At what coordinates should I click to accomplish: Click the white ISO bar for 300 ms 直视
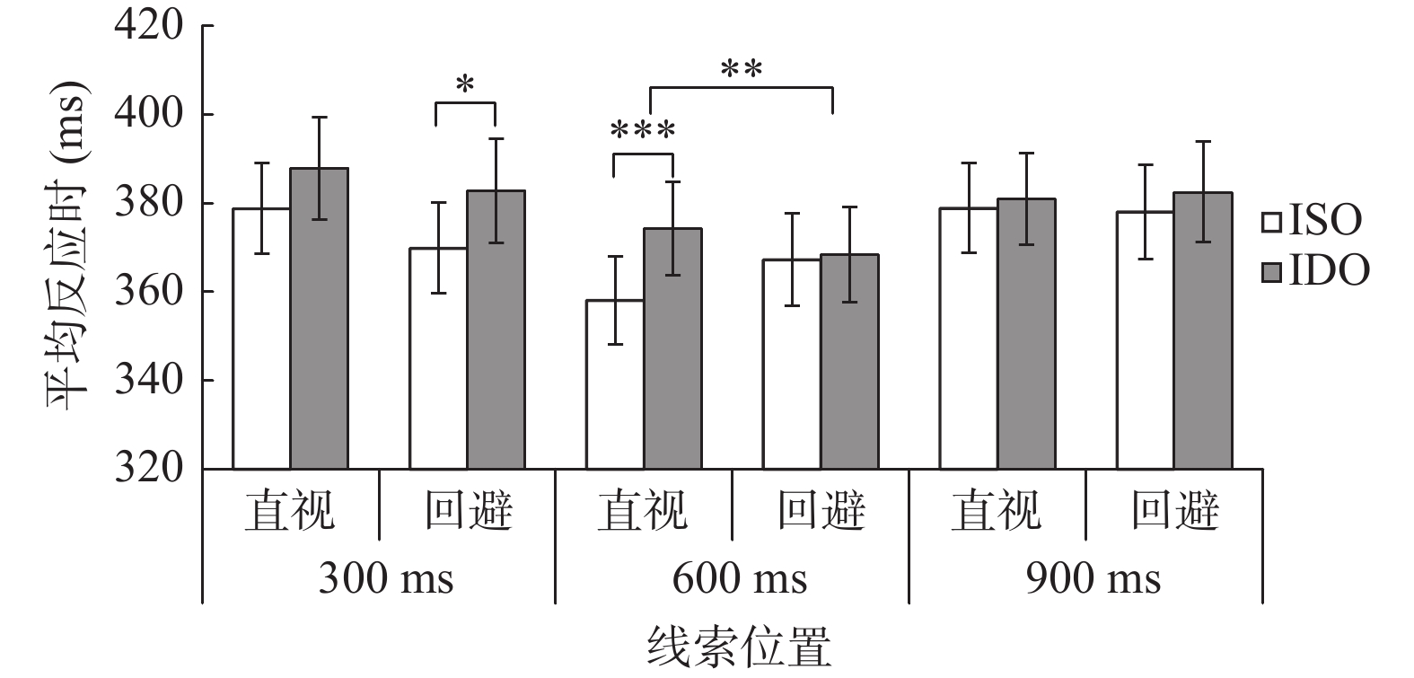point(261,339)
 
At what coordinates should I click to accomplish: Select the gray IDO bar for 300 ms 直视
point(319,319)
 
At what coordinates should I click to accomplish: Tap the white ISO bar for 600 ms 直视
point(614,384)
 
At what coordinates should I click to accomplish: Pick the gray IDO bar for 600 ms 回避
point(849,362)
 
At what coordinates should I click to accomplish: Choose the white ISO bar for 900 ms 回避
point(1145,340)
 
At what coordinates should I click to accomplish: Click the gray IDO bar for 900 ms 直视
point(1026,334)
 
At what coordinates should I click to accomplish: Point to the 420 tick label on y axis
point(149,26)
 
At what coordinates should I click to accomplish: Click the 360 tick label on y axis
point(149,292)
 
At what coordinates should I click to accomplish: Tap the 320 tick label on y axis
point(149,469)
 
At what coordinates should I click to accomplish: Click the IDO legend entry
point(1316,269)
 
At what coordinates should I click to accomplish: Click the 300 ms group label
point(386,578)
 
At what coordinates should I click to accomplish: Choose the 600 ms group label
point(740,578)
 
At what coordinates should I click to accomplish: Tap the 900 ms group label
point(1093,578)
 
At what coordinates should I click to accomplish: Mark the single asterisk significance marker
point(465,85)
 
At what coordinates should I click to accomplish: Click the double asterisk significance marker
point(742,69)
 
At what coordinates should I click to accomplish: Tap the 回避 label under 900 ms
point(1174,511)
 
